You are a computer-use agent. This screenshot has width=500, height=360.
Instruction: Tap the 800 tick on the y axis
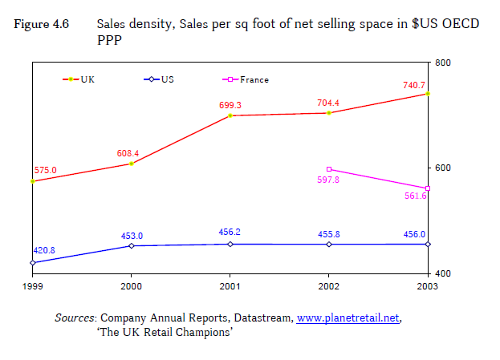(x=442, y=63)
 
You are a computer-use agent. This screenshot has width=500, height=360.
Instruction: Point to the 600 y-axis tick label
(x=442, y=168)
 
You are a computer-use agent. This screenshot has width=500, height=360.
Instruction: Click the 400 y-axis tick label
(x=442, y=274)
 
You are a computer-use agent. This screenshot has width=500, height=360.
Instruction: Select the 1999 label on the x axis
(x=33, y=286)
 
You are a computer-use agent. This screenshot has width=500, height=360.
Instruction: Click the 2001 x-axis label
(x=230, y=286)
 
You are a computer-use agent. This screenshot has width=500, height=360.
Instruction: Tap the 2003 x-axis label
(x=428, y=286)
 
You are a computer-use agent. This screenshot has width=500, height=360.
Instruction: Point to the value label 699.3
(x=230, y=105)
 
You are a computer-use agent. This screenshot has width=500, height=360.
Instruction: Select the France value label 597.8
(x=329, y=180)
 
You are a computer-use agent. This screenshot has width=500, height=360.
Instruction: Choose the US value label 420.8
(x=45, y=251)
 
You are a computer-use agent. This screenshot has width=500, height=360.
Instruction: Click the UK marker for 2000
(x=132, y=164)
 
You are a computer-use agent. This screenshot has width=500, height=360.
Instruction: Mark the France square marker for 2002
(x=329, y=169)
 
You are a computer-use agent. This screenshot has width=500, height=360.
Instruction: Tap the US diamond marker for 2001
(x=230, y=244)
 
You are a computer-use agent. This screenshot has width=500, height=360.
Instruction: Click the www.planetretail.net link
(x=348, y=318)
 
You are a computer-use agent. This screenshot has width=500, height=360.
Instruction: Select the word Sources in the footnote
(x=75, y=318)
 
